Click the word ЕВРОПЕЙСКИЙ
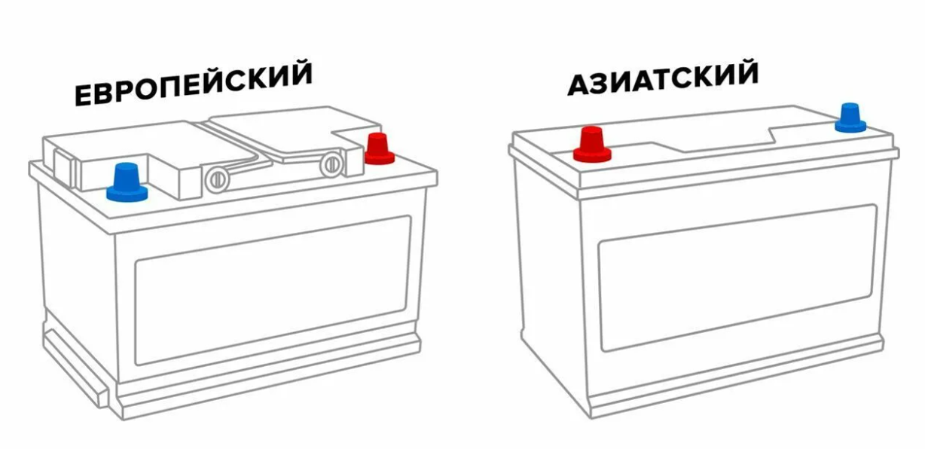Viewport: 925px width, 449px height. click(194, 83)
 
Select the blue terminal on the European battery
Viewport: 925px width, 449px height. click(127, 182)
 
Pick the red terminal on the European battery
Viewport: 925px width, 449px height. click(379, 148)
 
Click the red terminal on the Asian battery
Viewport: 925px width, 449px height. click(592, 144)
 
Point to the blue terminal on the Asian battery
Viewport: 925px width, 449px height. click(850, 118)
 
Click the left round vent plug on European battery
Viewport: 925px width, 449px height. click(217, 180)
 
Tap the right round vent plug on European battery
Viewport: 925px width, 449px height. click(331, 164)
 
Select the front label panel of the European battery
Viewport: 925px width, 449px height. click(273, 290)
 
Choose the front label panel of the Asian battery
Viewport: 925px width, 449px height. click(737, 277)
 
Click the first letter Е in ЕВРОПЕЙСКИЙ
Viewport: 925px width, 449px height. click(83, 96)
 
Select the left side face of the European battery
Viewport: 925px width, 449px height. click(78, 289)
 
